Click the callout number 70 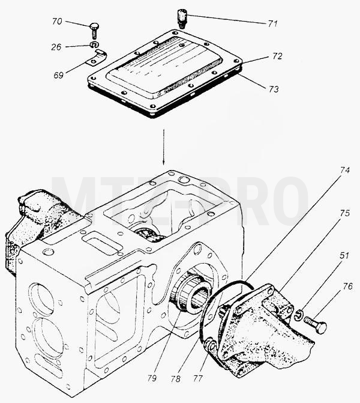(57, 22)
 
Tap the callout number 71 (272, 23)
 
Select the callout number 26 (56, 47)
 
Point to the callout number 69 (59, 75)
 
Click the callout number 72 (277, 56)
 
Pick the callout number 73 (274, 89)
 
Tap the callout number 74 (345, 170)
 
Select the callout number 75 (345, 213)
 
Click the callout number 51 (344, 256)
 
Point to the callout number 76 (347, 286)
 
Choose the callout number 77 (198, 378)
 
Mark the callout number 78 (176, 378)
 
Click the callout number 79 (152, 378)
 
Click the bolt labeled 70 (94, 31)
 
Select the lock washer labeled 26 (94, 45)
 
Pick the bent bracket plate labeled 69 (95, 59)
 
